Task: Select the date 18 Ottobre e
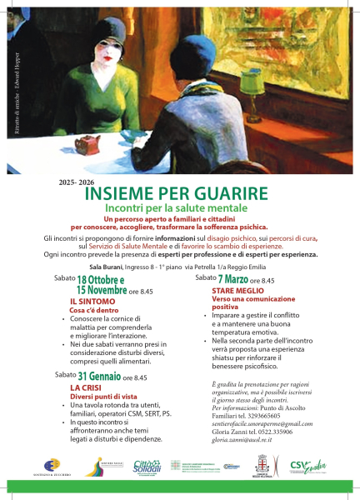tap(101, 280)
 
